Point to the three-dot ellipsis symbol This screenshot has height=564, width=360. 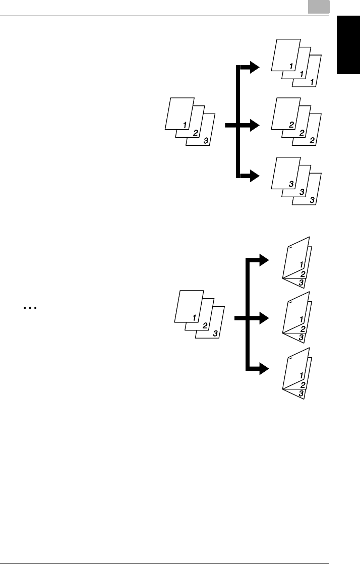31,307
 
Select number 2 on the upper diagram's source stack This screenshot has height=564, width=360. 196,133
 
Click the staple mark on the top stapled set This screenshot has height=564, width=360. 290,248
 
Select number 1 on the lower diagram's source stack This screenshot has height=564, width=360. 194,317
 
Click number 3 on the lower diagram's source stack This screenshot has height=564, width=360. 215,333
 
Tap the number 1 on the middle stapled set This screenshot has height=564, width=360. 301,319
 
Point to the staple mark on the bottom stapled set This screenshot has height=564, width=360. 290,359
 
